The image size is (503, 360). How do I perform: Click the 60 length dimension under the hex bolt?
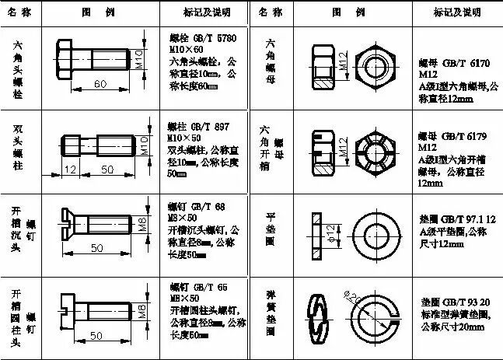click(x=100, y=83)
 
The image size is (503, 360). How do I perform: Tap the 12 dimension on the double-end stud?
click(x=71, y=169)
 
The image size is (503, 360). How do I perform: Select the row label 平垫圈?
click(x=270, y=230)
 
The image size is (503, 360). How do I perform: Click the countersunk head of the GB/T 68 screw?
click(x=67, y=226)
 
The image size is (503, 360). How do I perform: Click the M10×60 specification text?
click(x=188, y=48)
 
